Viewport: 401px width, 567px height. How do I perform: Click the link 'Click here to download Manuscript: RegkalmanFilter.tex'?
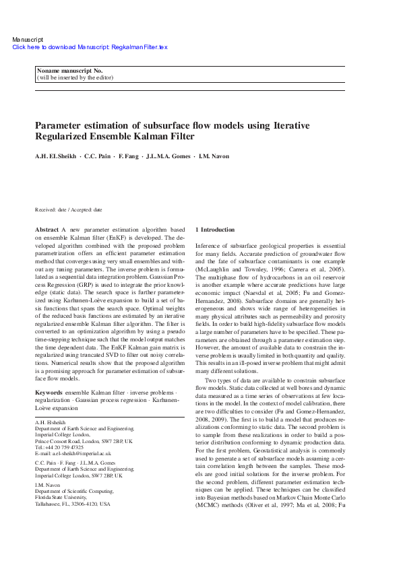coord(90,47)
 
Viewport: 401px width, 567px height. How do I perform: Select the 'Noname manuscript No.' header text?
coord(69,71)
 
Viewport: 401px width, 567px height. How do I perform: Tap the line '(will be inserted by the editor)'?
coord(74,77)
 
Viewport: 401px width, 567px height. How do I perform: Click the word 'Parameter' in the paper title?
coord(57,125)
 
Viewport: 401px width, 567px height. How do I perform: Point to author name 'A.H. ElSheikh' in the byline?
coord(55,157)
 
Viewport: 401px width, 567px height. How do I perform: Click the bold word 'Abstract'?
coord(47,230)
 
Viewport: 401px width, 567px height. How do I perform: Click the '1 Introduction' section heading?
coord(215,230)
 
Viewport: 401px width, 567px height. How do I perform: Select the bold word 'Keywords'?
coord(49,391)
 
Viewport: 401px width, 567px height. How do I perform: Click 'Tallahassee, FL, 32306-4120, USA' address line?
coord(72,503)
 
